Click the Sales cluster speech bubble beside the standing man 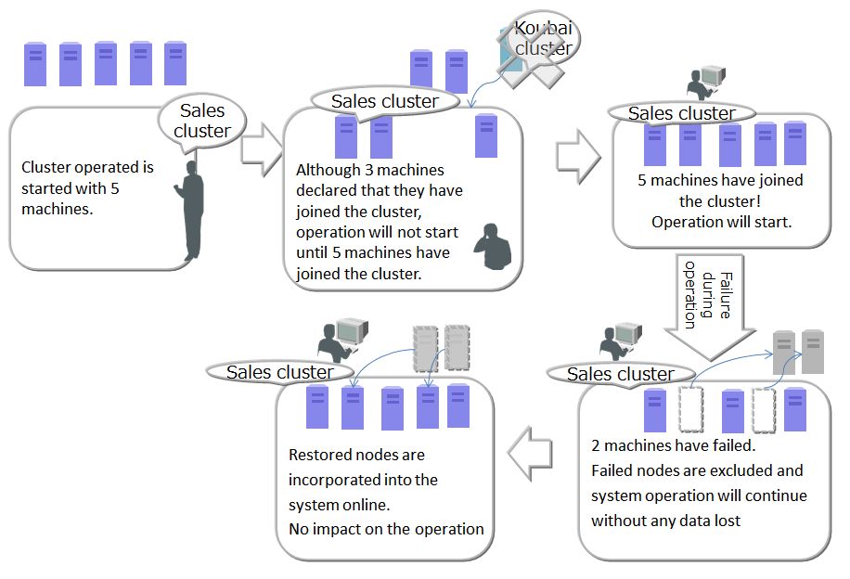(x=201, y=122)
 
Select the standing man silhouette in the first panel (x=192, y=212)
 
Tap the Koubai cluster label (x=543, y=37)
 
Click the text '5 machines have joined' (x=720, y=180)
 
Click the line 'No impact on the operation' (x=386, y=529)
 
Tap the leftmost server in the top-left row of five (x=35, y=64)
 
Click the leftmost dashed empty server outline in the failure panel (x=691, y=409)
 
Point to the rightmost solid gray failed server (x=813, y=352)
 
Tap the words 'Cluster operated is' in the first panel (x=87, y=168)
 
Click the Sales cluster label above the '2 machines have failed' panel (x=620, y=374)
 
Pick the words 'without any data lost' (x=665, y=521)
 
